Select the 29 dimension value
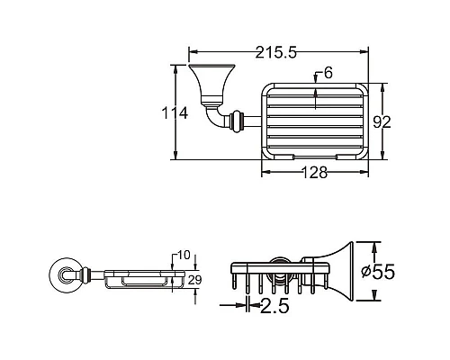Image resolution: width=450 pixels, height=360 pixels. (x=195, y=279)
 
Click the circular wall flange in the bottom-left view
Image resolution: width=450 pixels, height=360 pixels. (x=65, y=274)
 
